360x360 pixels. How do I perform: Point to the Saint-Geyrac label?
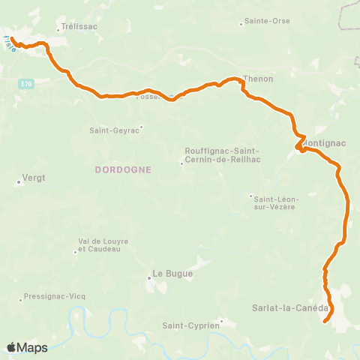(115, 130)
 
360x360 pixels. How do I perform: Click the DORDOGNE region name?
(124, 169)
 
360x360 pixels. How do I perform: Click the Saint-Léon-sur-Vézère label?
(276, 202)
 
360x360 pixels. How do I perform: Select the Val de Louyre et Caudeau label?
(103, 244)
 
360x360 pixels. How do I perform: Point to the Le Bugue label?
(173, 274)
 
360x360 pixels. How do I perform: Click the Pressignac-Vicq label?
(55, 296)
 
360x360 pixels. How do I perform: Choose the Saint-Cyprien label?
(191, 325)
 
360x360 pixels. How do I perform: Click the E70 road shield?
(27, 84)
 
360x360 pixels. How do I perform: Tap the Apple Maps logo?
(27, 347)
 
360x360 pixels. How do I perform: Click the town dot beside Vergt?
(19, 181)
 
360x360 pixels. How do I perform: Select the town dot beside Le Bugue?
(149, 278)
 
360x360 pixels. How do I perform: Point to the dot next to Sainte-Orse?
(241, 24)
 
